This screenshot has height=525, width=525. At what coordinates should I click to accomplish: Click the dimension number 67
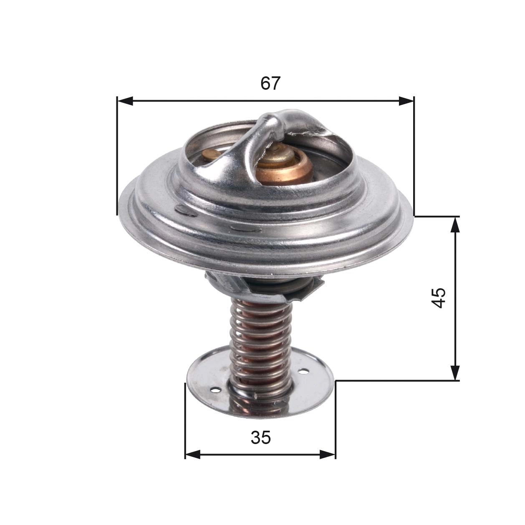(270, 83)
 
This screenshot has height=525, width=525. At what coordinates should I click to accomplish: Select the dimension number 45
(439, 298)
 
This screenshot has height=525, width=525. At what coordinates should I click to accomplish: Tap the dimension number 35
(261, 437)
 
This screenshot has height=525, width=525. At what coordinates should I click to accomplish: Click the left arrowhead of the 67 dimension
(125, 101)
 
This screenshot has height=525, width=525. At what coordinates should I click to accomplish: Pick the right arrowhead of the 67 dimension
(406, 101)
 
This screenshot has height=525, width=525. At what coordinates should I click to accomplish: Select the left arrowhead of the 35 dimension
(193, 454)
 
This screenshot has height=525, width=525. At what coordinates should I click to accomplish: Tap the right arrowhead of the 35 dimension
(328, 454)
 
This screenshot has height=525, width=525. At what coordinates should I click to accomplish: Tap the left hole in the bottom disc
(215, 390)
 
